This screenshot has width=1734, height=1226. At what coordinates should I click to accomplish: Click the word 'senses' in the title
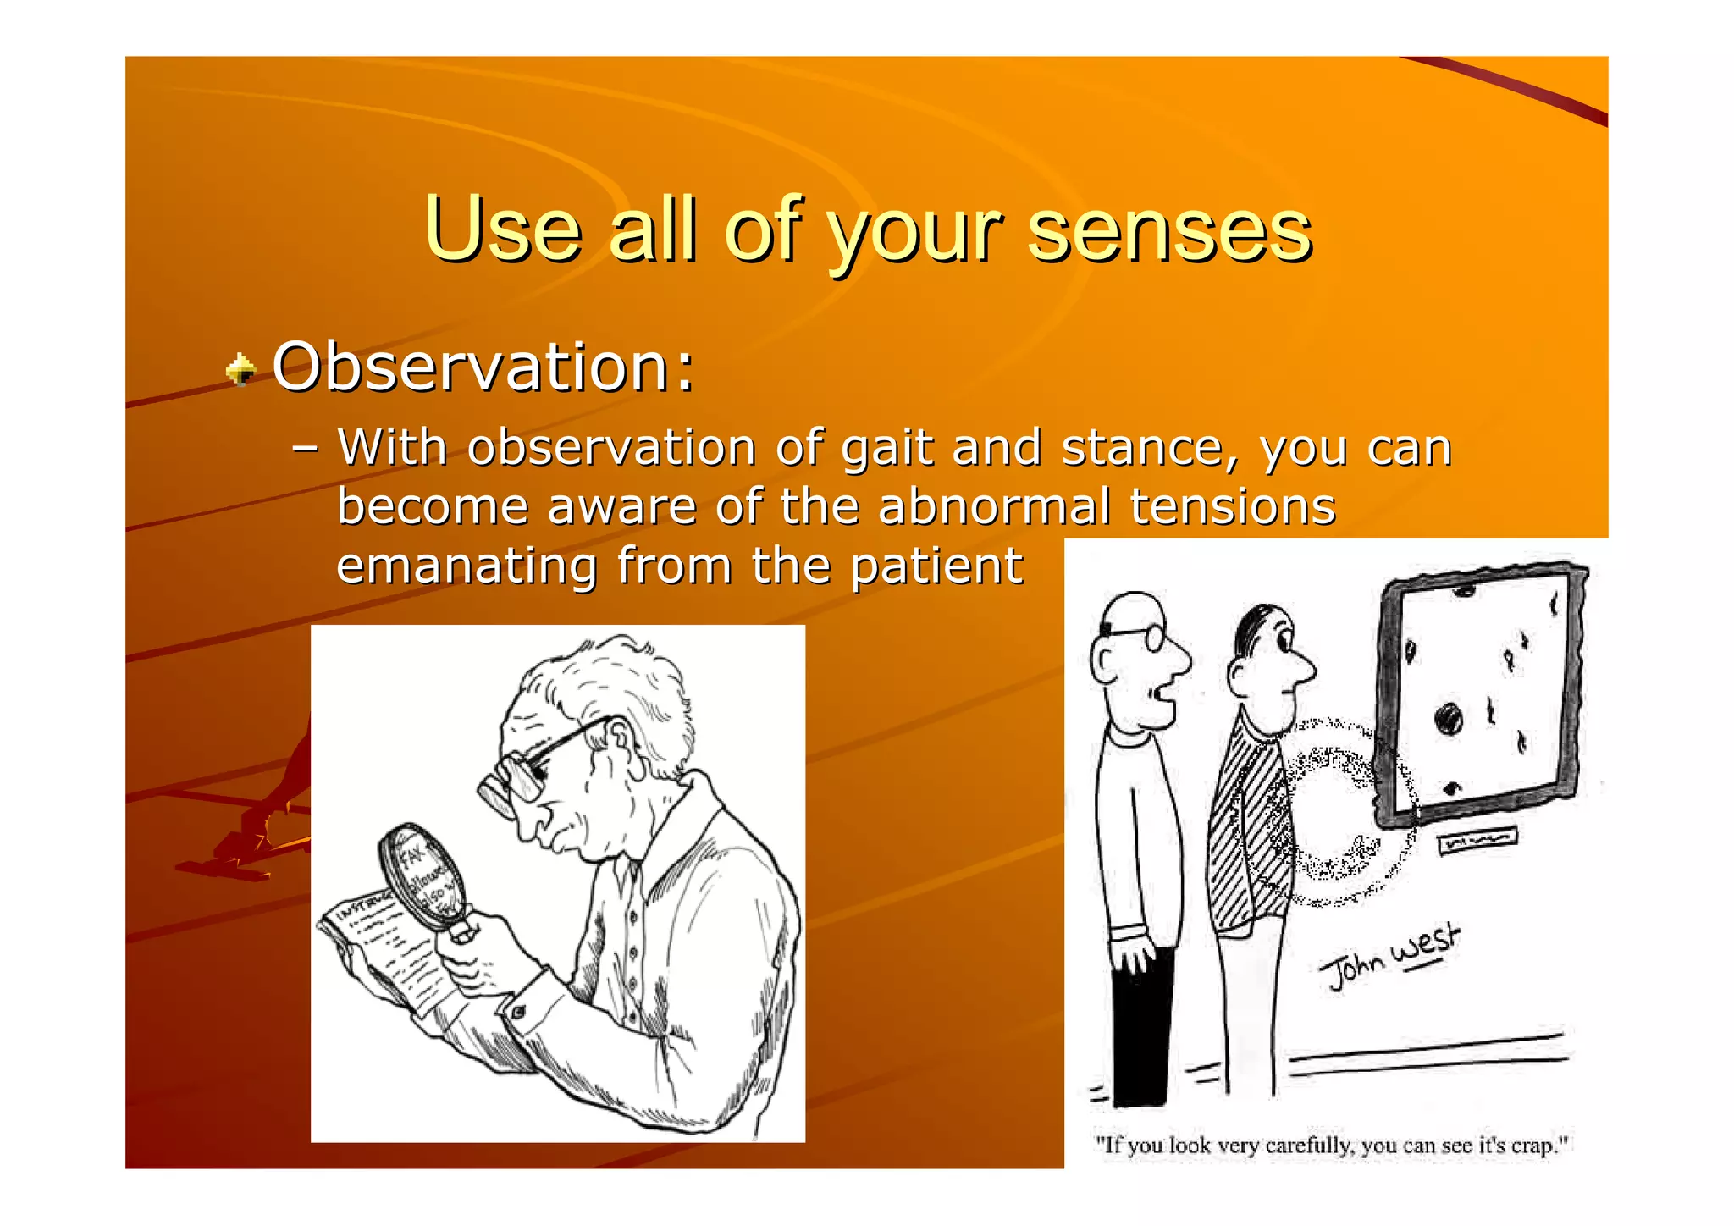pyautogui.click(x=1169, y=230)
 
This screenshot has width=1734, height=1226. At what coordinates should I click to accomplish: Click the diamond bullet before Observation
pyautogui.click(x=241, y=369)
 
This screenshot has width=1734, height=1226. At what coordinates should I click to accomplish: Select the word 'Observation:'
pyautogui.click(x=483, y=367)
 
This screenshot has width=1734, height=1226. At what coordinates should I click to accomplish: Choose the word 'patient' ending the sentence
pyautogui.click(x=936, y=566)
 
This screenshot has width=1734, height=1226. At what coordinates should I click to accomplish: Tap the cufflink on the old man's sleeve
pyautogui.click(x=517, y=1010)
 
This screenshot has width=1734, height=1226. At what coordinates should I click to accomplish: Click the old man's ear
pyautogui.click(x=619, y=741)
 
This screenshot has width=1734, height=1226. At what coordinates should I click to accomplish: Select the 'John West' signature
pyautogui.click(x=1389, y=957)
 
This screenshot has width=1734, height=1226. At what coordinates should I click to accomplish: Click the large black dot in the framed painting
pyautogui.click(x=1449, y=720)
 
